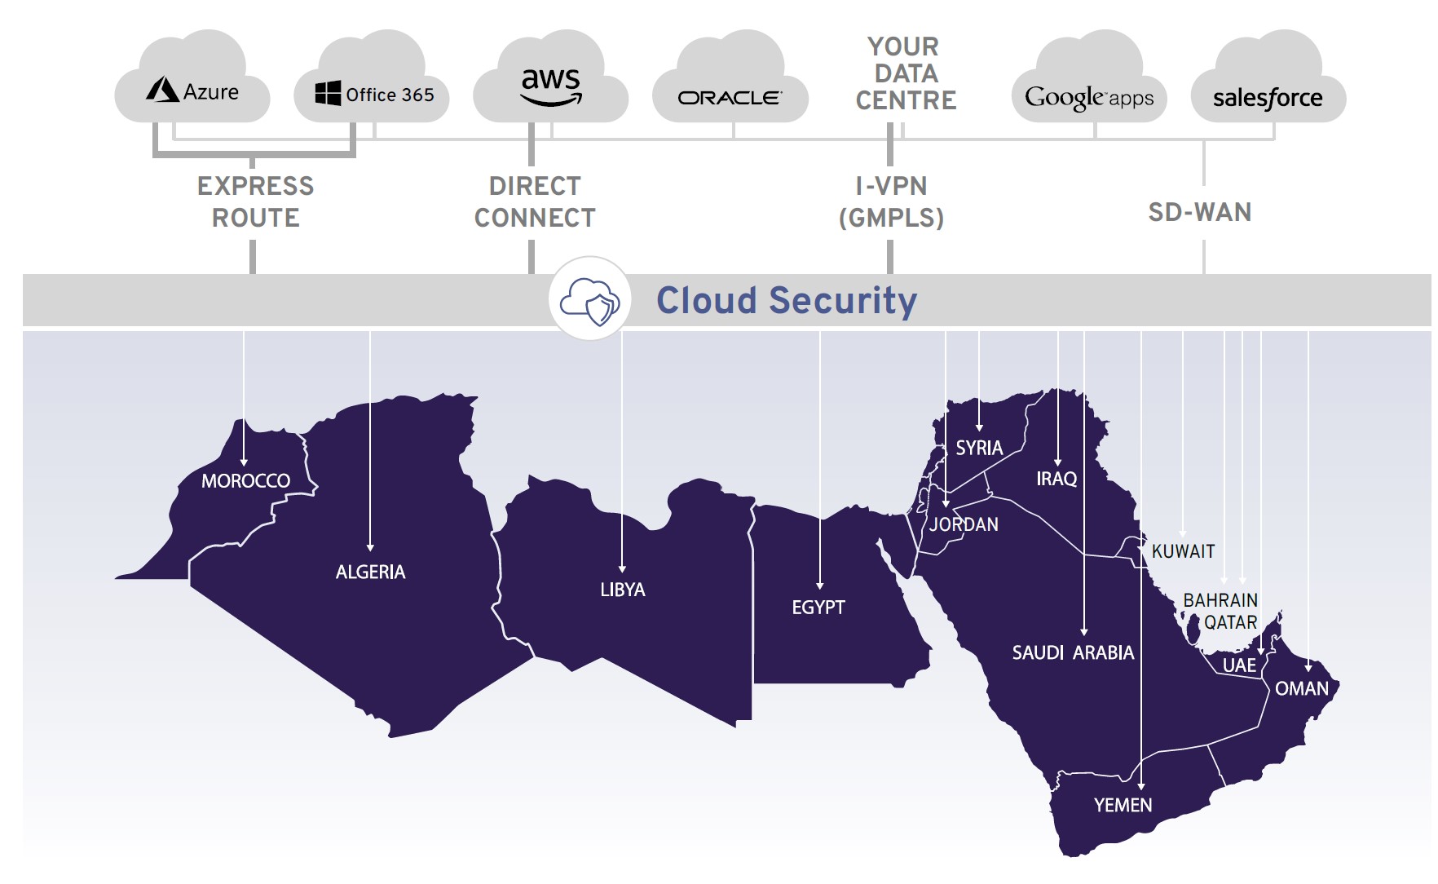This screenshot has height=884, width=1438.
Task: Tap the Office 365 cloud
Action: click(374, 94)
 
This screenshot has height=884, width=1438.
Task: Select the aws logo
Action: click(551, 86)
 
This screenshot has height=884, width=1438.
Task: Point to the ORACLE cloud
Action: click(730, 97)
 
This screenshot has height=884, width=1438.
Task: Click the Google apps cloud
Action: click(1089, 97)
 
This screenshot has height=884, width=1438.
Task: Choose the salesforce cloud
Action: click(1268, 98)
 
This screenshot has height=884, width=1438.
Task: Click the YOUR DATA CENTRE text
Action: click(905, 73)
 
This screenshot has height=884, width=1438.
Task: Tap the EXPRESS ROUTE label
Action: click(255, 201)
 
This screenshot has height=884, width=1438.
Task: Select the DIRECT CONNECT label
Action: click(535, 201)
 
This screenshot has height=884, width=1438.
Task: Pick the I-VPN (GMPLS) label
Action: click(891, 201)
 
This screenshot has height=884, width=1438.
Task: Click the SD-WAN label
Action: click(1199, 212)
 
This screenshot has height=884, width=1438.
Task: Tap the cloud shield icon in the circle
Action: click(589, 299)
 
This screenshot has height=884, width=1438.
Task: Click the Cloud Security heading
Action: click(787, 300)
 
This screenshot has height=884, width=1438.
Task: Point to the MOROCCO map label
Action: click(245, 481)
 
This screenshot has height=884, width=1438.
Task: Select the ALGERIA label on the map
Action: click(370, 572)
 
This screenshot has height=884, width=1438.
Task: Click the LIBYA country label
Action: click(623, 590)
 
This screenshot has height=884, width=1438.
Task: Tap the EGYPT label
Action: click(818, 608)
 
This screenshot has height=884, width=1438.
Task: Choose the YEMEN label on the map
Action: click(1123, 805)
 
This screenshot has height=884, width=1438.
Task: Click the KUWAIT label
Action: click(1183, 551)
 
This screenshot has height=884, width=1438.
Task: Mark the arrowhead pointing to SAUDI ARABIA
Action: click(1083, 631)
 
